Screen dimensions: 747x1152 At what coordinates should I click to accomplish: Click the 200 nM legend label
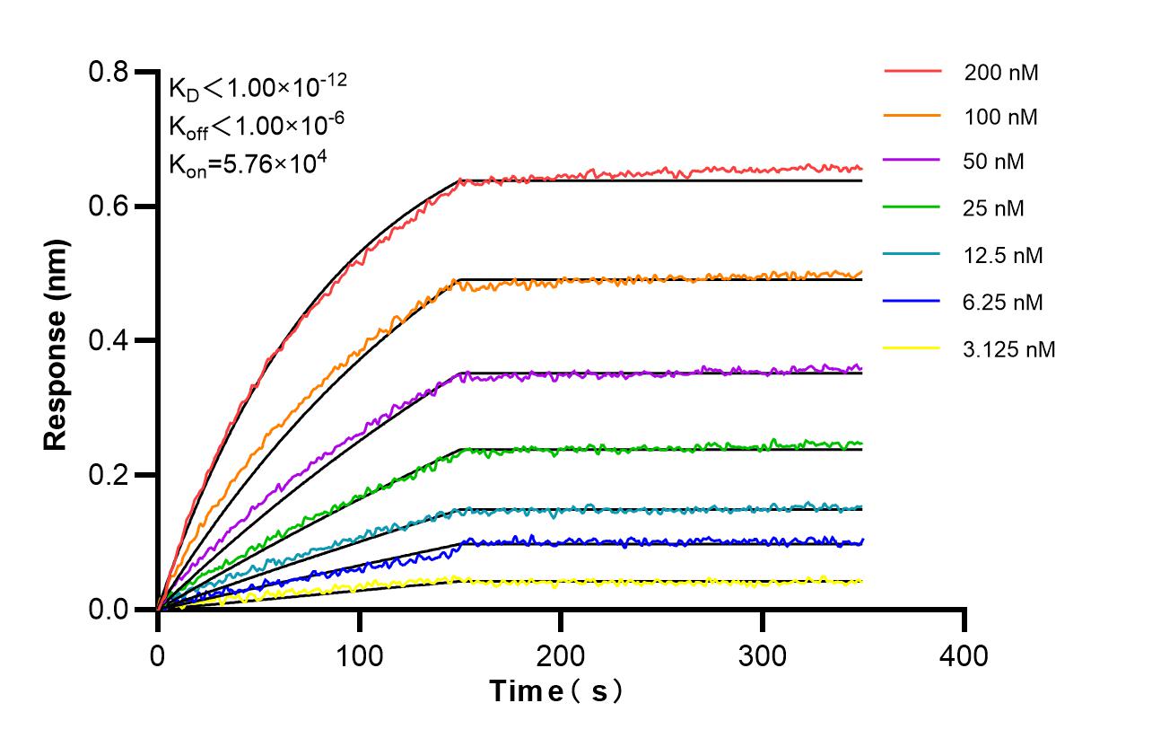[1000, 72]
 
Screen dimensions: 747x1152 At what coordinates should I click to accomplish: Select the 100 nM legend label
[1000, 117]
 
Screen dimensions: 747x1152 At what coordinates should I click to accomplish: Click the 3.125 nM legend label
[1008, 348]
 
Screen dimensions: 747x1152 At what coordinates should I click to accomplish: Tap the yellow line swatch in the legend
[912, 347]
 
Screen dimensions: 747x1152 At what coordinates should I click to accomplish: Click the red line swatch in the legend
[912, 70]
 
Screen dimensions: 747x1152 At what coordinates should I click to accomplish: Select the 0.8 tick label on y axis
[108, 72]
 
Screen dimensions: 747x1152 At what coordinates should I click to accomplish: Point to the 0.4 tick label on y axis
[108, 340]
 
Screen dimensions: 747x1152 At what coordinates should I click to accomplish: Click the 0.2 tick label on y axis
[108, 475]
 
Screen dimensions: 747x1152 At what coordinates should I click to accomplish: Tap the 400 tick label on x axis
[964, 655]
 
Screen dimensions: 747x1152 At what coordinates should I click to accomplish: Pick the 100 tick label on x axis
[359, 655]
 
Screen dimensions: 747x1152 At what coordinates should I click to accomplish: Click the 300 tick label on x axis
[763, 655]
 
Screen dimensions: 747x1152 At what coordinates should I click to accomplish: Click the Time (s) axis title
[556, 691]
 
